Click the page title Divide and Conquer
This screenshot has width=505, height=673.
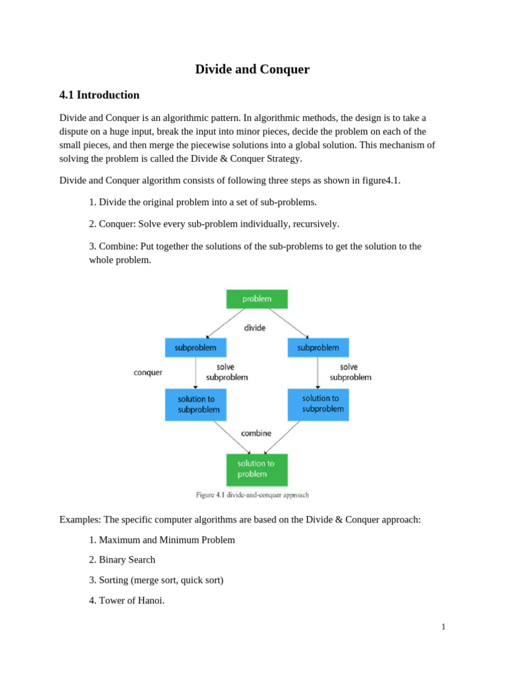(252, 69)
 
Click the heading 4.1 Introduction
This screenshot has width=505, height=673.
(99, 95)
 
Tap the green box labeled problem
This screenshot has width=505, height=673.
(256, 299)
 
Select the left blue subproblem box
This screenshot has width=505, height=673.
(195, 348)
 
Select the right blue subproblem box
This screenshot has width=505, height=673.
(318, 348)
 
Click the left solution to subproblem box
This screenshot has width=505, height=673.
(195, 404)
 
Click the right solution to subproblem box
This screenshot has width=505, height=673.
(318, 404)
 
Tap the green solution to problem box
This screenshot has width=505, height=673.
(256, 469)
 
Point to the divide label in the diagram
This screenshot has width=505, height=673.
(254, 327)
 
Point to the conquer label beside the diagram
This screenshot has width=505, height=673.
(148, 373)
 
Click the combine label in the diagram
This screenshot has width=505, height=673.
(256, 433)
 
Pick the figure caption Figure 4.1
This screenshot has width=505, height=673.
(252, 495)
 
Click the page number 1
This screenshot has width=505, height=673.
(444, 627)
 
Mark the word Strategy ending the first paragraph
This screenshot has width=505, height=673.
(281, 158)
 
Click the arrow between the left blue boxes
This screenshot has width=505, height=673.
(195, 373)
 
